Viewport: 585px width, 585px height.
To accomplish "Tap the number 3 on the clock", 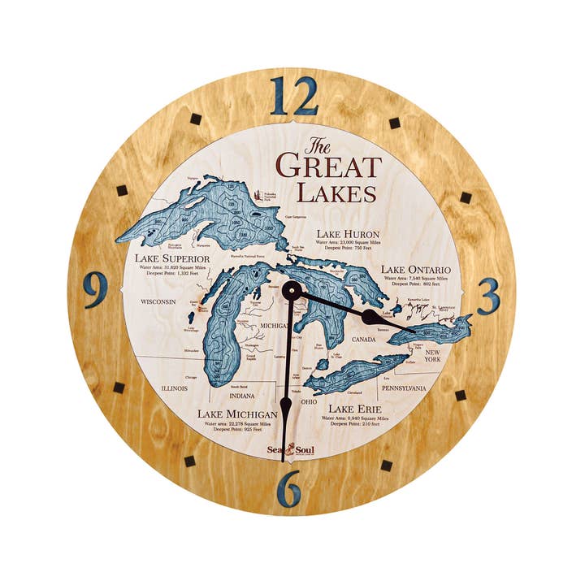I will pos(487,297).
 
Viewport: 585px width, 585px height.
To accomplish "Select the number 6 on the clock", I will pos(289,488).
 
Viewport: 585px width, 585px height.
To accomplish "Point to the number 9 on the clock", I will pos(95,289).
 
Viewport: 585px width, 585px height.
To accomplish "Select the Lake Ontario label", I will pos(416,269).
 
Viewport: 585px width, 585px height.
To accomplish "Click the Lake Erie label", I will pos(355,409).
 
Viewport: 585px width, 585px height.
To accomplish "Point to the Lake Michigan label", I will pos(238,414).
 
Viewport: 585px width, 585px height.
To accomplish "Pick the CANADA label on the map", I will pos(363,339).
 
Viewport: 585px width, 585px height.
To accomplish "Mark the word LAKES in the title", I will pos(336,194).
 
